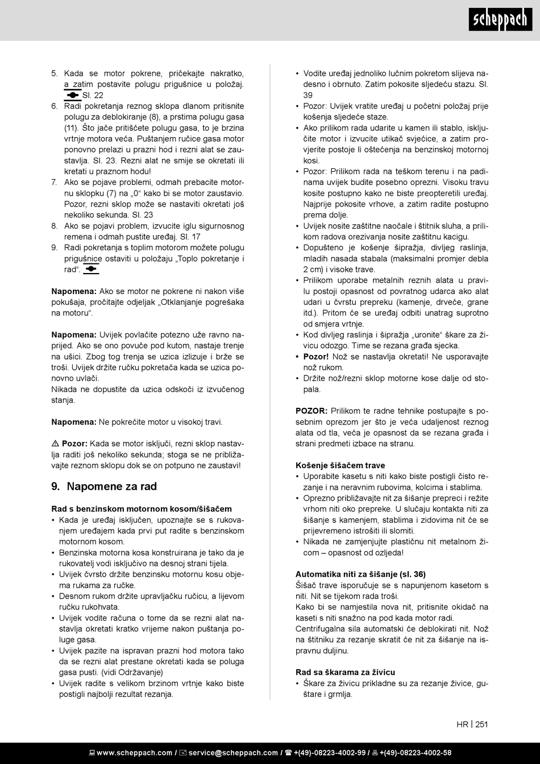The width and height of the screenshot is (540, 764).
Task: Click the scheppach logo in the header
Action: tap(500, 20)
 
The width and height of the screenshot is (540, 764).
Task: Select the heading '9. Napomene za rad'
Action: tap(104, 486)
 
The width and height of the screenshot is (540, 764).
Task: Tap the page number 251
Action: tap(481, 724)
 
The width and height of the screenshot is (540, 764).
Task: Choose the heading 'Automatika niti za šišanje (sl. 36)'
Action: tap(360, 574)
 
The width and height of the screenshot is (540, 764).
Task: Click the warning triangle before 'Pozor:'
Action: tap(55, 444)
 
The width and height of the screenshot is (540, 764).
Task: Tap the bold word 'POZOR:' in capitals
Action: tap(311, 411)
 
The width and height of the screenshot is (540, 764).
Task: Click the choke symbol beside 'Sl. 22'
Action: tap(73, 95)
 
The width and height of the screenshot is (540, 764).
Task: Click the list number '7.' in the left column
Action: tap(55, 182)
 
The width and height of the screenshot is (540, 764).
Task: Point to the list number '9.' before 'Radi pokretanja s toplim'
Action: tap(55, 247)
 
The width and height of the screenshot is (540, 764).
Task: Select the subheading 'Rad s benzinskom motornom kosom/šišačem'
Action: tap(142, 509)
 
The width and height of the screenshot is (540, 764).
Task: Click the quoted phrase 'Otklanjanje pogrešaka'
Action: tap(201, 302)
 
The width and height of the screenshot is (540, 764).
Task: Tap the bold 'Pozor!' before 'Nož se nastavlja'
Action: tap(316, 357)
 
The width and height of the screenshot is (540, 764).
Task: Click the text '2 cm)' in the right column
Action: tap(312, 270)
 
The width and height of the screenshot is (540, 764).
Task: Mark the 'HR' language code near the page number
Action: tap(462, 724)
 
